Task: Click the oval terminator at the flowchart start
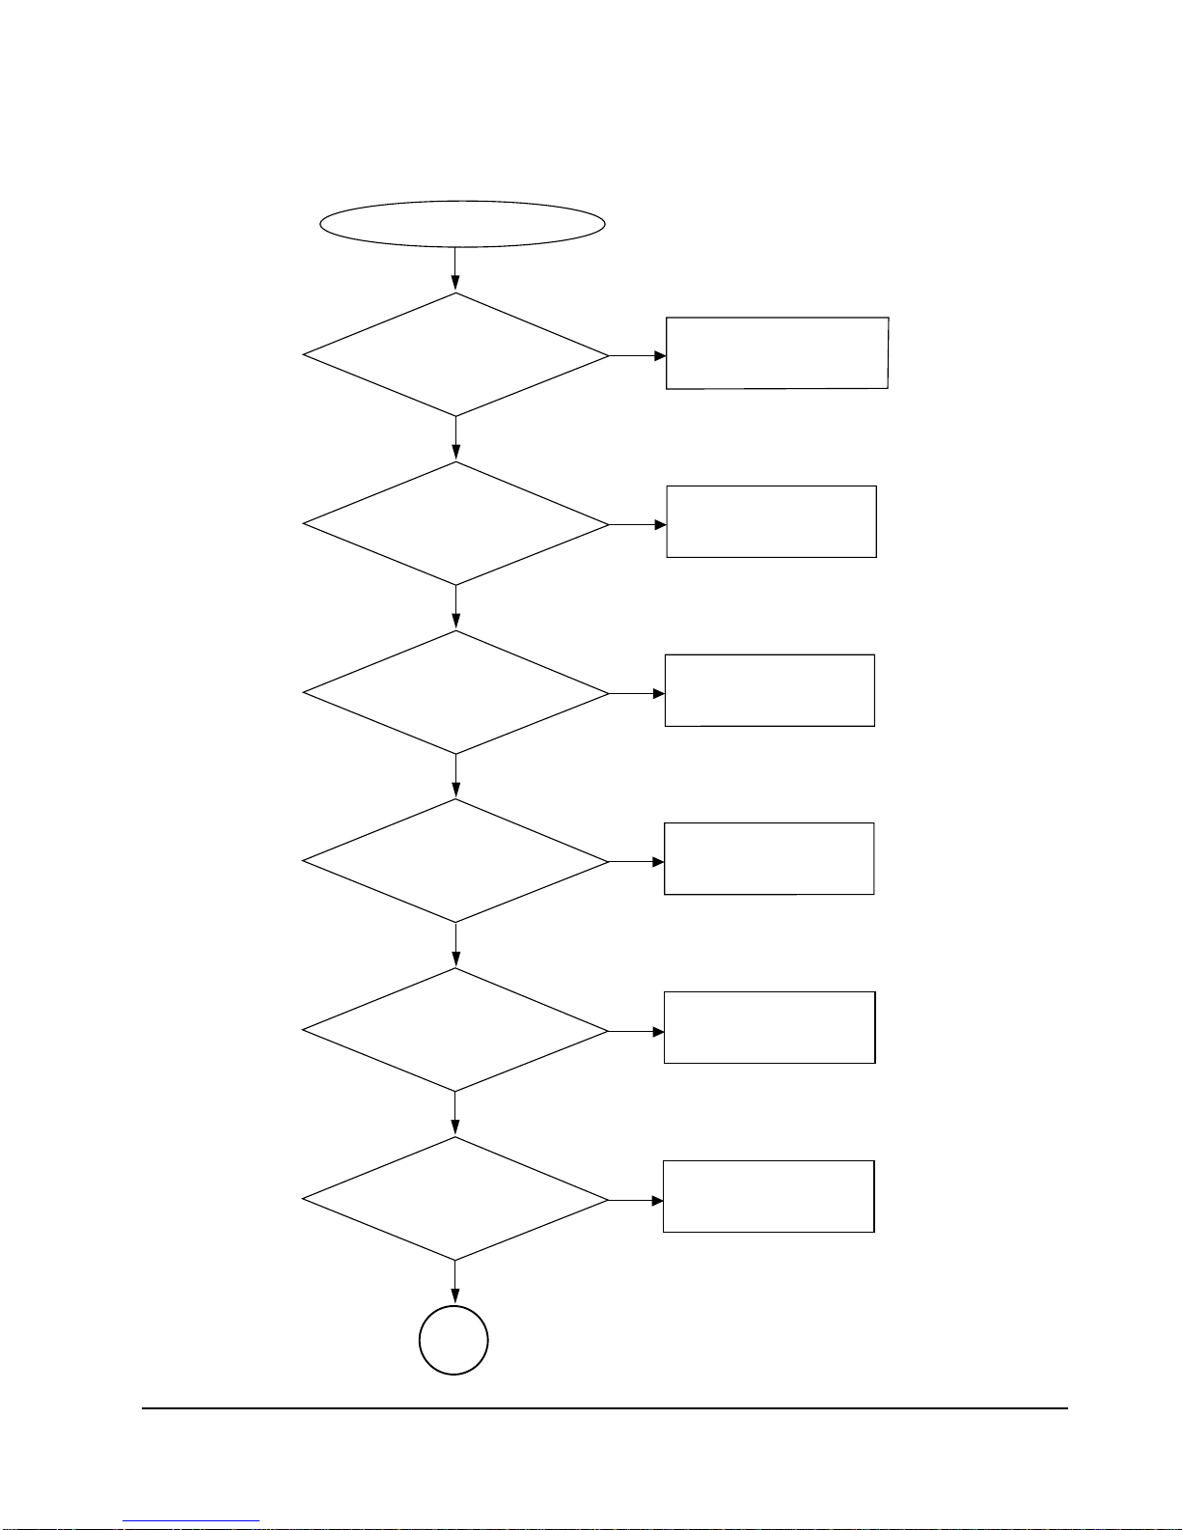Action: click(462, 224)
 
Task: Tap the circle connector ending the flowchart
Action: click(454, 1340)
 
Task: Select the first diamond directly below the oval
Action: click(455, 355)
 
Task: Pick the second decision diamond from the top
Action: click(455, 524)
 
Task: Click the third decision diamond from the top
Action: click(455, 693)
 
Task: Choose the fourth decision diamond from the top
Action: click(455, 861)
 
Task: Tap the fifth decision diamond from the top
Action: click(455, 1030)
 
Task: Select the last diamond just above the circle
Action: click(455, 1199)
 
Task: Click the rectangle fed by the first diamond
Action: click(777, 353)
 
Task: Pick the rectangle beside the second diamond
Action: click(771, 521)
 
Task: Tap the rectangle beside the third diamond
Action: click(769, 690)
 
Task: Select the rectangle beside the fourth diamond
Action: click(769, 859)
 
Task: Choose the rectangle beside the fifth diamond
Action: click(769, 1027)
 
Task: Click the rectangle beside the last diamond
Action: click(768, 1196)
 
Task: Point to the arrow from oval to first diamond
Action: click(454, 269)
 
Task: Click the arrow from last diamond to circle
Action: click(454, 1283)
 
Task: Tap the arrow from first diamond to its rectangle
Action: click(638, 355)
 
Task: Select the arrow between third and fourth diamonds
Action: click(455, 776)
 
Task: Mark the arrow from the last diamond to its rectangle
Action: click(636, 1200)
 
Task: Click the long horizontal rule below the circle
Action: click(604, 1408)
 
